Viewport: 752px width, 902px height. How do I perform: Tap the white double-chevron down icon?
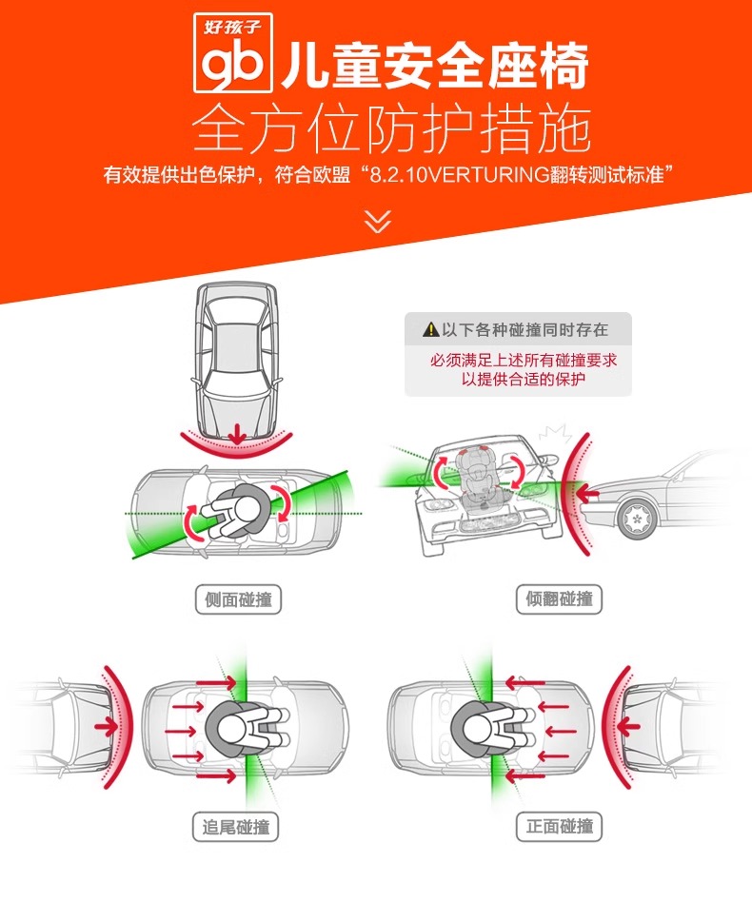[x=378, y=222]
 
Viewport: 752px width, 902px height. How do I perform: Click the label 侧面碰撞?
[x=238, y=599]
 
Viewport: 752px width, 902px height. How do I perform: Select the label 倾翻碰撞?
[x=560, y=599]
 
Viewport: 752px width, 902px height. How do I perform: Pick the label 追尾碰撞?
[x=238, y=826]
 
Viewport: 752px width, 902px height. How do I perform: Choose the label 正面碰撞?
[x=560, y=826]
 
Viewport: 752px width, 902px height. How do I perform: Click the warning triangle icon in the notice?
[x=430, y=330]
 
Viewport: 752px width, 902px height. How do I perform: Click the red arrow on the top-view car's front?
[x=237, y=433]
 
